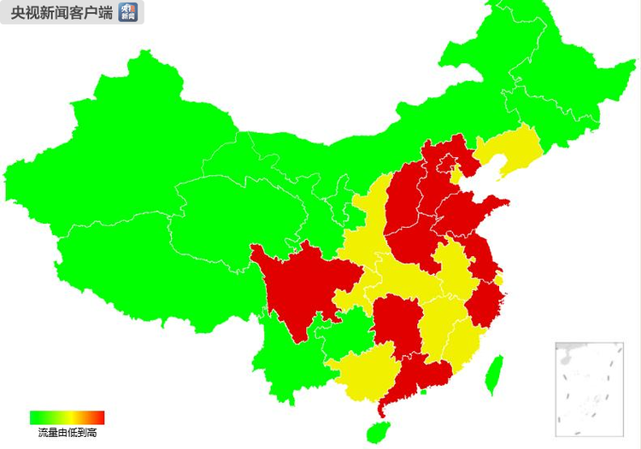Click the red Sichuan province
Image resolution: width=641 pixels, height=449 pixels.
(x=299, y=282)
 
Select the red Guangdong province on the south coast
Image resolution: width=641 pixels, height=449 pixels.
(x=420, y=376)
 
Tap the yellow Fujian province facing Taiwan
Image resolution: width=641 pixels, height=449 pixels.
(x=466, y=341)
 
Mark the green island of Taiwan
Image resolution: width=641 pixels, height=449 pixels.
(x=493, y=376)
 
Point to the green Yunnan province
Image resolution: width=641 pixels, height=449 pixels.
(x=286, y=359)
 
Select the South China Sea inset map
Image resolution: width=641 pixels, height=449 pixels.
(x=589, y=388)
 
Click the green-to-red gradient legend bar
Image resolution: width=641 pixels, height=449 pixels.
(x=67, y=417)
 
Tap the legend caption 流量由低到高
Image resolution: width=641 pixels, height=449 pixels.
(x=67, y=434)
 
